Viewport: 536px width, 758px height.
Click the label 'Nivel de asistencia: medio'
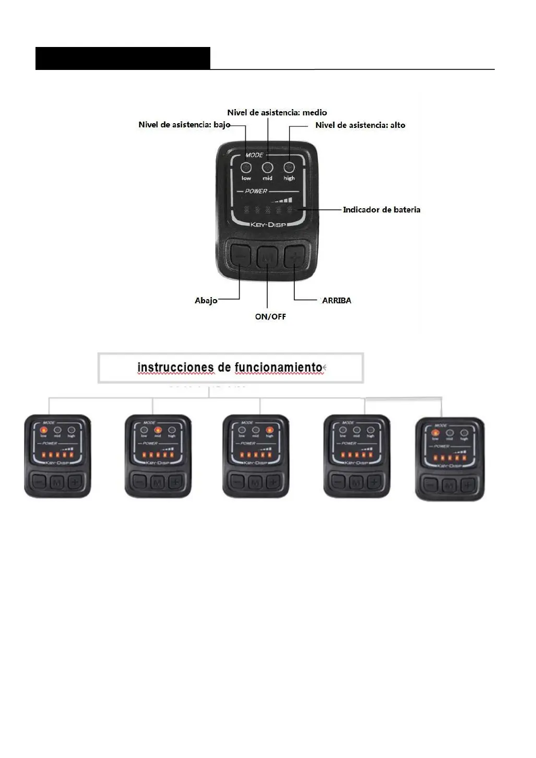[x=277, y=112]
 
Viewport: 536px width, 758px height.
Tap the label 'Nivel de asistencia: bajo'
[x=184, y=125]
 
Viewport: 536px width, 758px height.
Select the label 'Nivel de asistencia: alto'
[x=360, y=125]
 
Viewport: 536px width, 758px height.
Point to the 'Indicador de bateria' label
[x=382, y=210]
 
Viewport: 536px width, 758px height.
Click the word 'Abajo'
[x=206, y=301]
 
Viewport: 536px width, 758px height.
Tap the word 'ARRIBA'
[x=337, y=301]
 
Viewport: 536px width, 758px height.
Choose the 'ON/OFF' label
[x=270, y=316]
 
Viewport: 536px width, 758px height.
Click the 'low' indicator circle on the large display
[x=246, y=168]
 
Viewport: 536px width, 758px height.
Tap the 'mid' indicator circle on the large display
[x=267, y=168]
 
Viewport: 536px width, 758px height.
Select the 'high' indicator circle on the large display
[x=289, y=168]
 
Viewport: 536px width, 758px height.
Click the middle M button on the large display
[x=267, y=257]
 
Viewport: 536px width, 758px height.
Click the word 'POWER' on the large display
[x=256, y=191]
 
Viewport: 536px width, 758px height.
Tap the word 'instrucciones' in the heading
[x=175, y=367]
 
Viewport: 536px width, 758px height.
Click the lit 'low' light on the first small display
[x=44, y=430]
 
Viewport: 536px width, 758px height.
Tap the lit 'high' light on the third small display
[x=269, y=430]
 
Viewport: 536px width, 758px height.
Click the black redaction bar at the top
[x=123, y=58]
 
